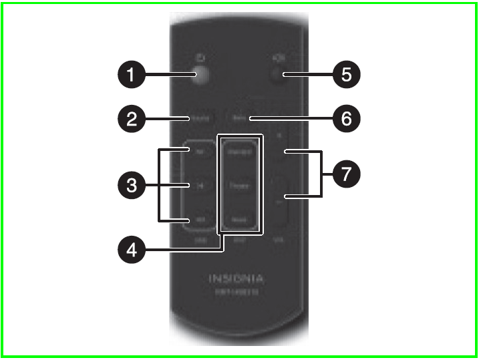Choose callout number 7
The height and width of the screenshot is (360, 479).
tap(346, 175)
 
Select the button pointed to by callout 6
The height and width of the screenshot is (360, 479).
tap(237, 119)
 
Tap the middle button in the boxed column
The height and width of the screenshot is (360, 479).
tap(238, 186)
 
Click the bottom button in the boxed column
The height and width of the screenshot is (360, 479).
tap(238, 220)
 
